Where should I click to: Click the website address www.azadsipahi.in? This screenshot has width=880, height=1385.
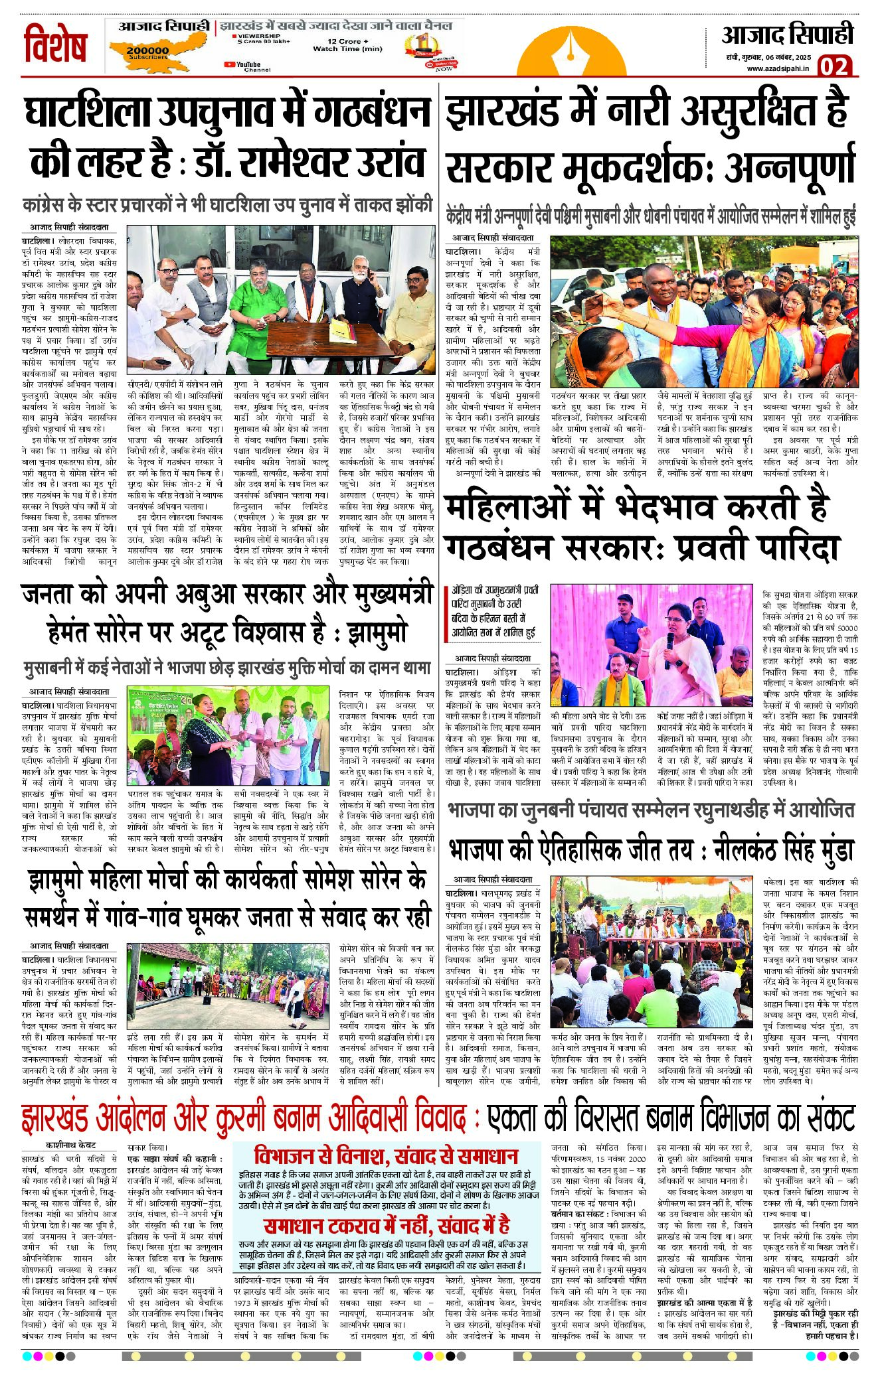point(778,68)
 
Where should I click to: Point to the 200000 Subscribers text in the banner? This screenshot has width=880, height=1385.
point(147,53)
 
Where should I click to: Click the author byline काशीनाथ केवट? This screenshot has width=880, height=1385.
point(71,1145)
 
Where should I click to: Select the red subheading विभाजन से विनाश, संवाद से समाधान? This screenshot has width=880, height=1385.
point(386,1155)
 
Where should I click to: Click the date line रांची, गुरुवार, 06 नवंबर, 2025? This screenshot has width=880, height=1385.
point(768,58)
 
